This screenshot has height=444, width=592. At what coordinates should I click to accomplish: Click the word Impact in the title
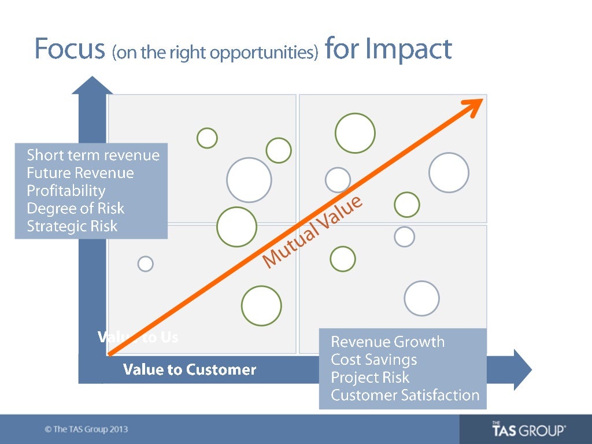(408, 50)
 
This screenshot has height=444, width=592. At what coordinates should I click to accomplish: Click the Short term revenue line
(93, 155)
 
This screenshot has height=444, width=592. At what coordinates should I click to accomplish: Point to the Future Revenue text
(80, 173)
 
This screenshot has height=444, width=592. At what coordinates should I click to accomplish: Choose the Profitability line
(66, 191)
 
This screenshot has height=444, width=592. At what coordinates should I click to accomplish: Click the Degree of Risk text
(76, 208)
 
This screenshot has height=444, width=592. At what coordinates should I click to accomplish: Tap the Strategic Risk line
(72, 226)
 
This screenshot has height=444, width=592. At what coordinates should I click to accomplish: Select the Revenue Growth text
(387, 342)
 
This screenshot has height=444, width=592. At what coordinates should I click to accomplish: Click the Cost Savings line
(373, 360)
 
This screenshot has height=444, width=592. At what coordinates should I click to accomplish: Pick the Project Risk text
(370, 378)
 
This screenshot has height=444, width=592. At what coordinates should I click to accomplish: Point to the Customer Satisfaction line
(405, 395)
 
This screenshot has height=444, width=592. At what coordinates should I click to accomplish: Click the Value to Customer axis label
(190, 370)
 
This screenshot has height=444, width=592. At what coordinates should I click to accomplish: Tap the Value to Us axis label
(138, 337)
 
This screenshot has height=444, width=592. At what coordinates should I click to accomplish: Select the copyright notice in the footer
(86, 430)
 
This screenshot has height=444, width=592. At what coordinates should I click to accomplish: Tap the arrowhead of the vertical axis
(92, 86)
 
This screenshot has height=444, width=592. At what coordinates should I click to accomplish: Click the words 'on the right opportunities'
(216, 53)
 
